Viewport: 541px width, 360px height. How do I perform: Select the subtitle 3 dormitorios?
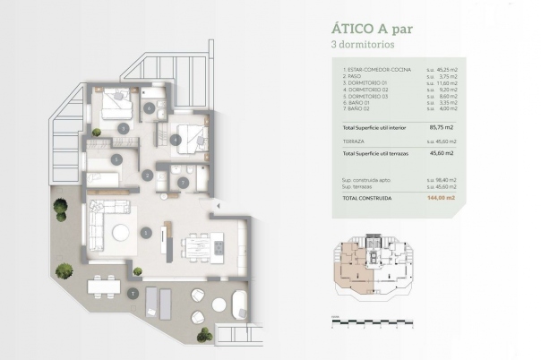click(362, 43)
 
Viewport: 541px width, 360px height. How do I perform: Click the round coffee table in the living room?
click(120, 232)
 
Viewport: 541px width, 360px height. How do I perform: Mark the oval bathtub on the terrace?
click(240, 304)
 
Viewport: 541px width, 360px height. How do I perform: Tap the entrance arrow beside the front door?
click(214, 208)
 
